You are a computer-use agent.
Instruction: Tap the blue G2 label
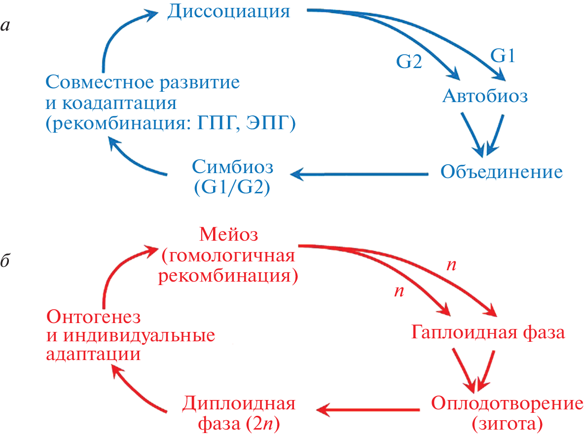pyautogui.click(x=409, y=62)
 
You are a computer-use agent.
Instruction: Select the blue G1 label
pyautogui.click(x=502, y=56)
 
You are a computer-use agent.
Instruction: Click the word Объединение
pyautogui.click(x=501, y=172)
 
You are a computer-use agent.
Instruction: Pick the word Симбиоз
pyautogui.click(x=232, y=168)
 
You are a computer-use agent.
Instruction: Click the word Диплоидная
pyautogui.click(x=239, y=403)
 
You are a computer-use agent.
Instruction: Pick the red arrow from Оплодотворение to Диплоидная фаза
pyautogui.click(x=367, y=409)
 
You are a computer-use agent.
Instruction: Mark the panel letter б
pyautogui.click(x=7, y=262)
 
